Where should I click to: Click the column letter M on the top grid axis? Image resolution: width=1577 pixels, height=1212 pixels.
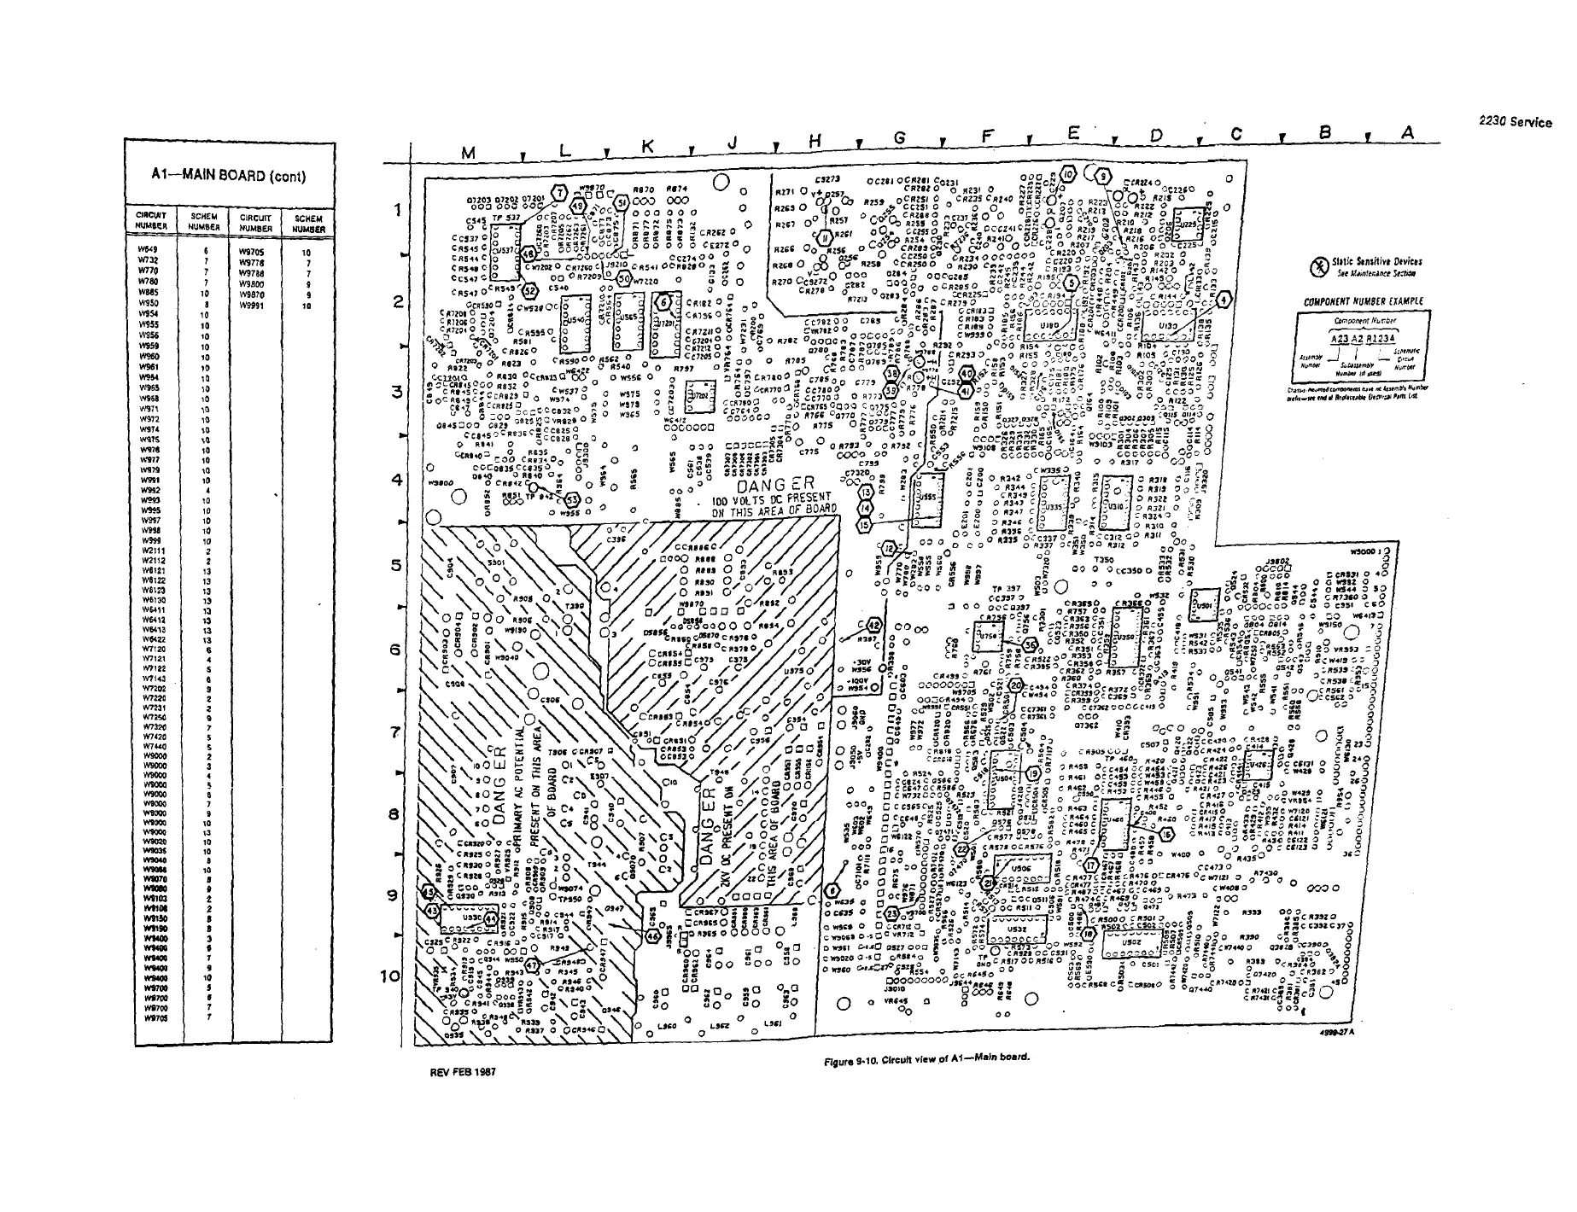pos(468,154)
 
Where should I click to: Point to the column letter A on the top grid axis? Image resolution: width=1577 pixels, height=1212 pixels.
pos(1407,132)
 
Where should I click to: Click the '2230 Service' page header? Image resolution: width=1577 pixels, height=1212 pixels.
pos(1515,122)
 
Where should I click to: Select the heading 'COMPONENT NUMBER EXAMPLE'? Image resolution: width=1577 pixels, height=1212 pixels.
pos(1364,301)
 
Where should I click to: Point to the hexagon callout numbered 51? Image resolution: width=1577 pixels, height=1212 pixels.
pos(622,202)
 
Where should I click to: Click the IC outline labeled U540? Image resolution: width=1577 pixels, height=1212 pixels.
pos(571,326)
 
